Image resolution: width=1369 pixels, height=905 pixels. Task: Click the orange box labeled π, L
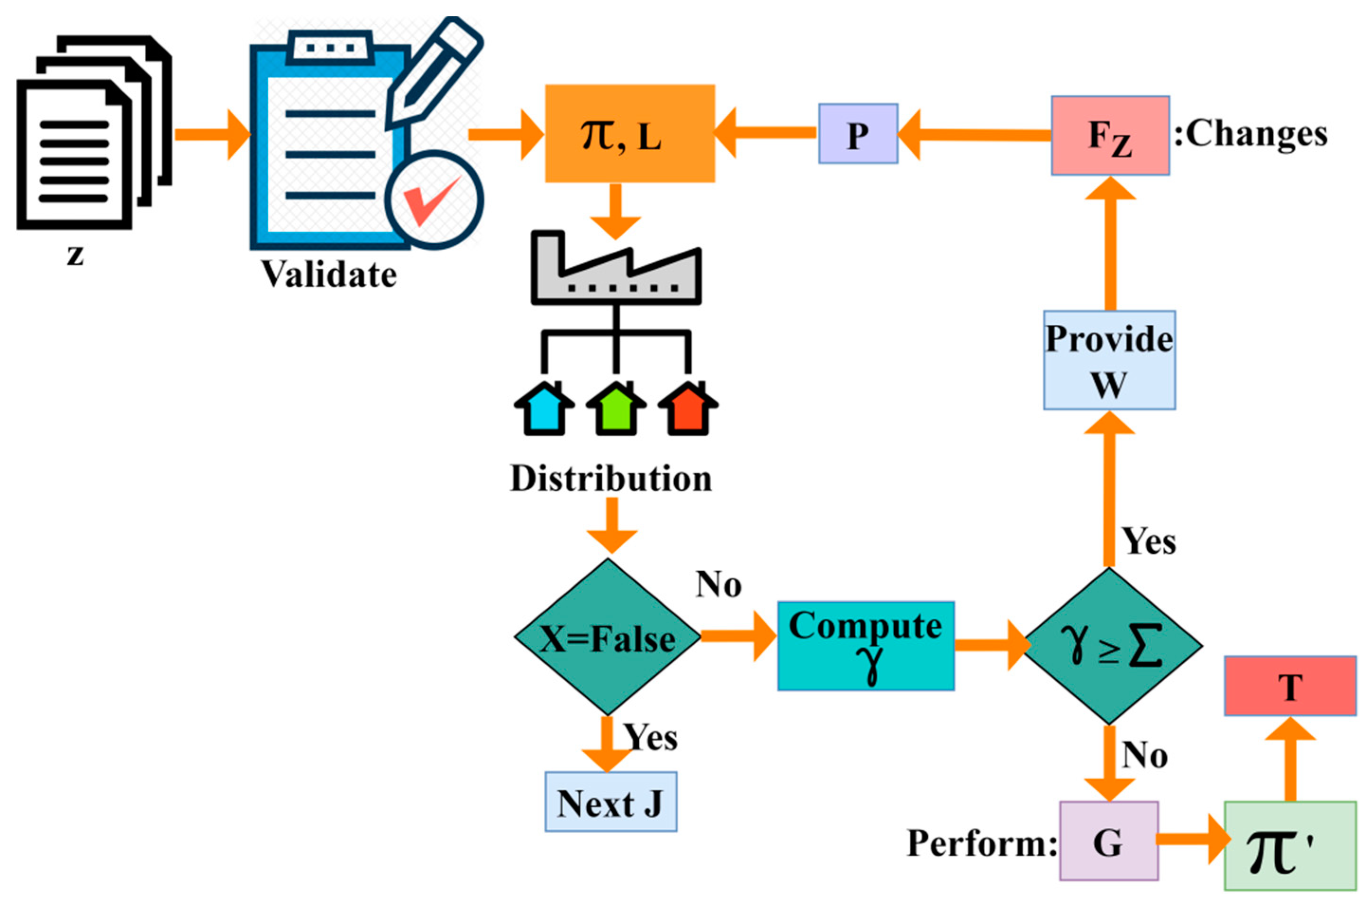pyautogui.click(x=629, y=133)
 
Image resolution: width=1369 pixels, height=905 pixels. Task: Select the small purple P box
pyautogui.click(x=858, y=134)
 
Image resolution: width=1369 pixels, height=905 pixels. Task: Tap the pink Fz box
pyautogui.click(x=1110, y=136)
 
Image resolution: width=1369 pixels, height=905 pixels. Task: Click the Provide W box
pyautogui.click(x=1109, y=360)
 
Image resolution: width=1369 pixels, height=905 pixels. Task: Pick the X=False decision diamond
pyautogui.click(x=607, y=637)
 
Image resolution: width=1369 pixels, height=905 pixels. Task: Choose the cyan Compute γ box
pyautogui.click(x=865, y=646)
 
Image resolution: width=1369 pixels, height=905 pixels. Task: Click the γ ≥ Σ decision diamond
pyautogui.click(x=1112, y=646)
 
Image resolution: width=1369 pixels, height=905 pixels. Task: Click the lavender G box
pyautogui.click(x=1108, y=841)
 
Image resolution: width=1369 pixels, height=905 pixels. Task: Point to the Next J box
pyautogui.click(x=610, y=802)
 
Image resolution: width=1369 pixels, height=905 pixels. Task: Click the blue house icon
pyautogui.click(x=544, y=408)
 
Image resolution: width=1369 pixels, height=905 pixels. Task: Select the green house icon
pyautogui.click(x=616, y=408)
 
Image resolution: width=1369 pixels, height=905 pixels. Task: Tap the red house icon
pyautogui.click(x=688, y=408)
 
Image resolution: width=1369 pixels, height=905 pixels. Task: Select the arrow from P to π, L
pyautogui.click(x=765, y=134)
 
